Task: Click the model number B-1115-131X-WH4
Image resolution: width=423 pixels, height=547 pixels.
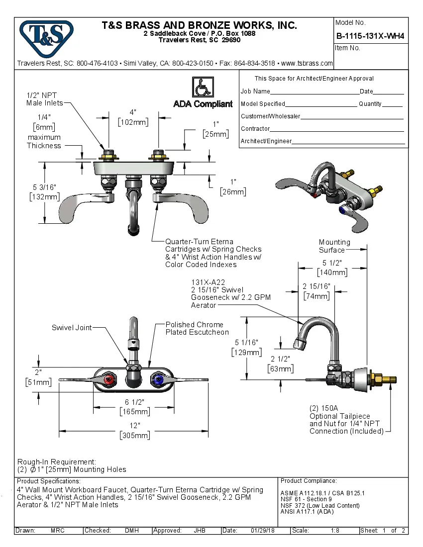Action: [x=370, y=36]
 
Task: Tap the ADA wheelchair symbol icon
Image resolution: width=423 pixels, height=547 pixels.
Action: [x=203, y=88]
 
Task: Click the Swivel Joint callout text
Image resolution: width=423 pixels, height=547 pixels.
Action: [x=72, y=328]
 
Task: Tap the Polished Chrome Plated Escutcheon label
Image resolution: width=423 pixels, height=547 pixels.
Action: [x=197, y=328]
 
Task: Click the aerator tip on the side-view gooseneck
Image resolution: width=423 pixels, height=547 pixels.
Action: [x=300, y=343]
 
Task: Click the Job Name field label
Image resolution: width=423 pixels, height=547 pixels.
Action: [x=255, y=91]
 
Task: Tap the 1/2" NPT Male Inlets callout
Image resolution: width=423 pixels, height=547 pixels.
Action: [x=45, y=99]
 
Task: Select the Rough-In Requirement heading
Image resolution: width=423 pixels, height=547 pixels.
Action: [x=57, y=462]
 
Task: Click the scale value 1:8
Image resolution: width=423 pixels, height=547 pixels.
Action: [x=335, y=531]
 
